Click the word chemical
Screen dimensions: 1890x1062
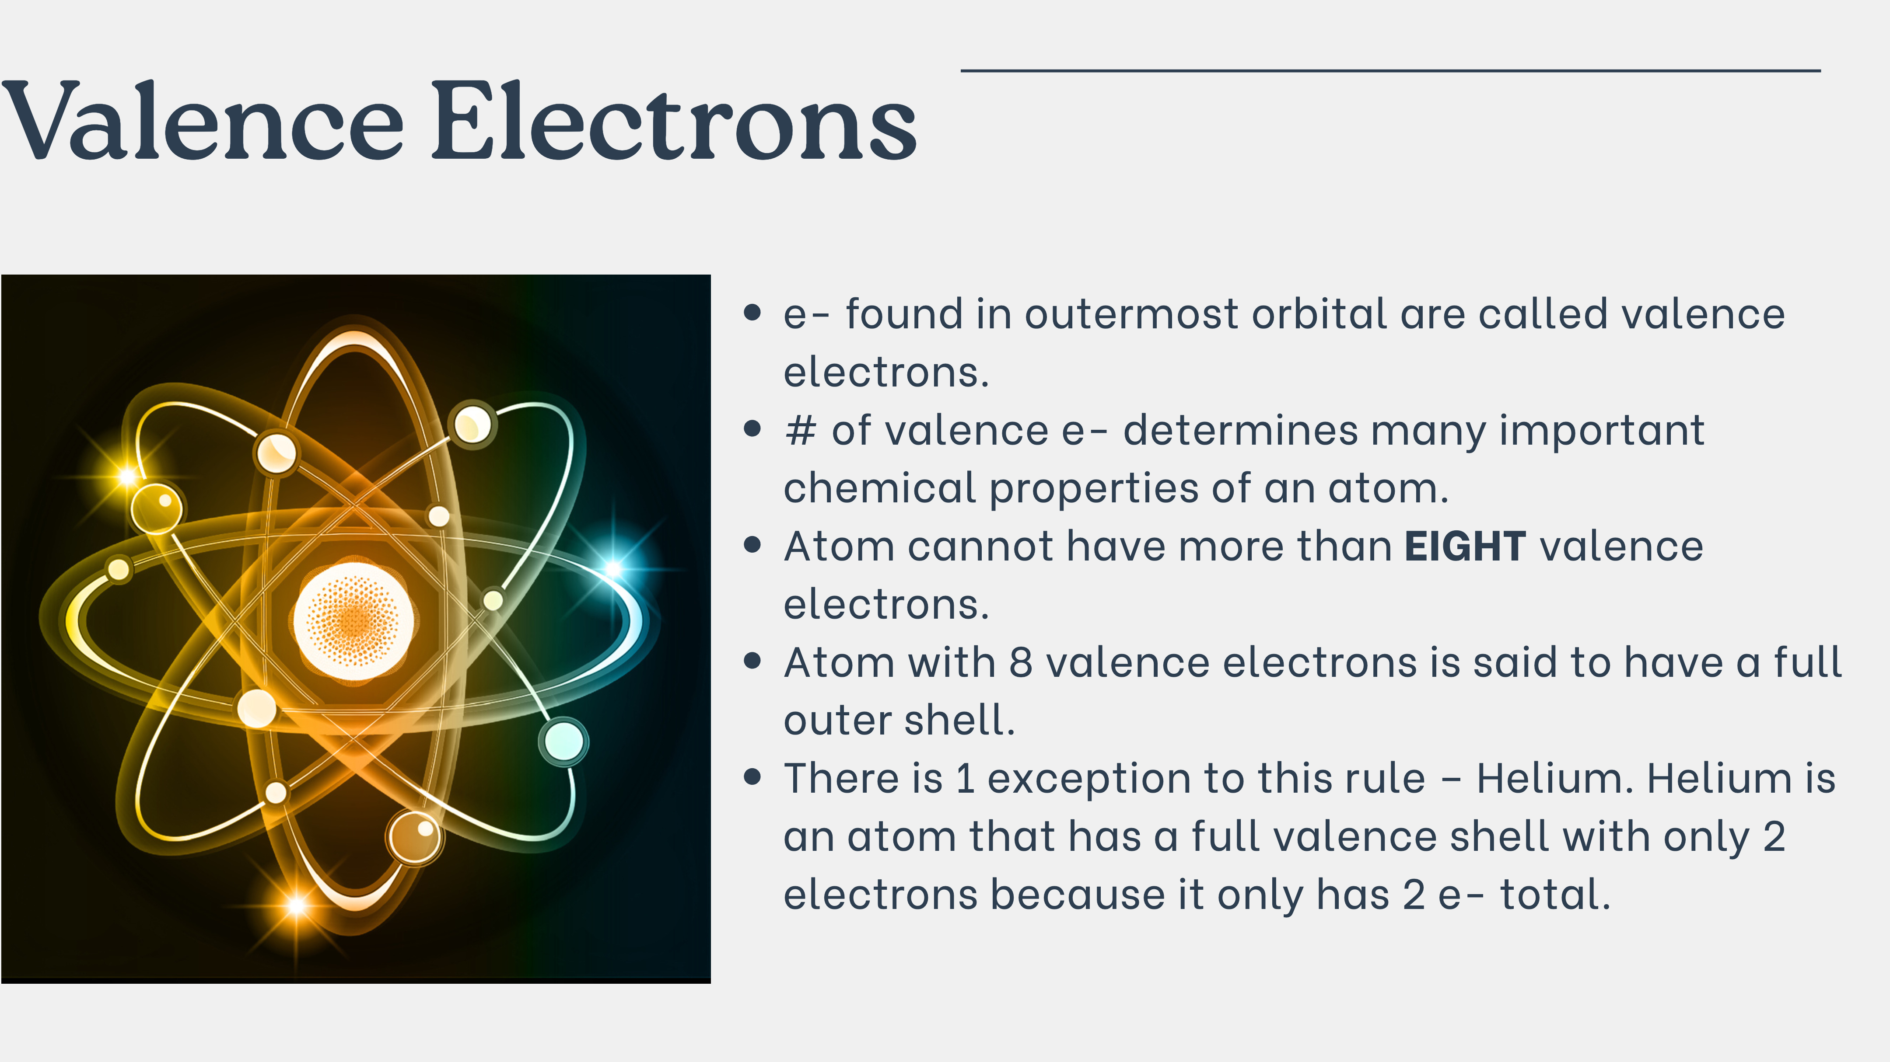click(x=880, y=488)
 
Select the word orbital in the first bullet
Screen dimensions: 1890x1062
click(x=1319, y=314)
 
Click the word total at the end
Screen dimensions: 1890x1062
click(x=1555, y=895)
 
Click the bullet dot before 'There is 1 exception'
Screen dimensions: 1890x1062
click(x=752, y=776)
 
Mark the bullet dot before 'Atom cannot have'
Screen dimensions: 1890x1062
click(x=752, y=545)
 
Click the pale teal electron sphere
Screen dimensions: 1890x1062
click(x=563, y=741)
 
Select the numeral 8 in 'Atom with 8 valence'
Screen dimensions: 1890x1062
click(x=1021, y=663)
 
